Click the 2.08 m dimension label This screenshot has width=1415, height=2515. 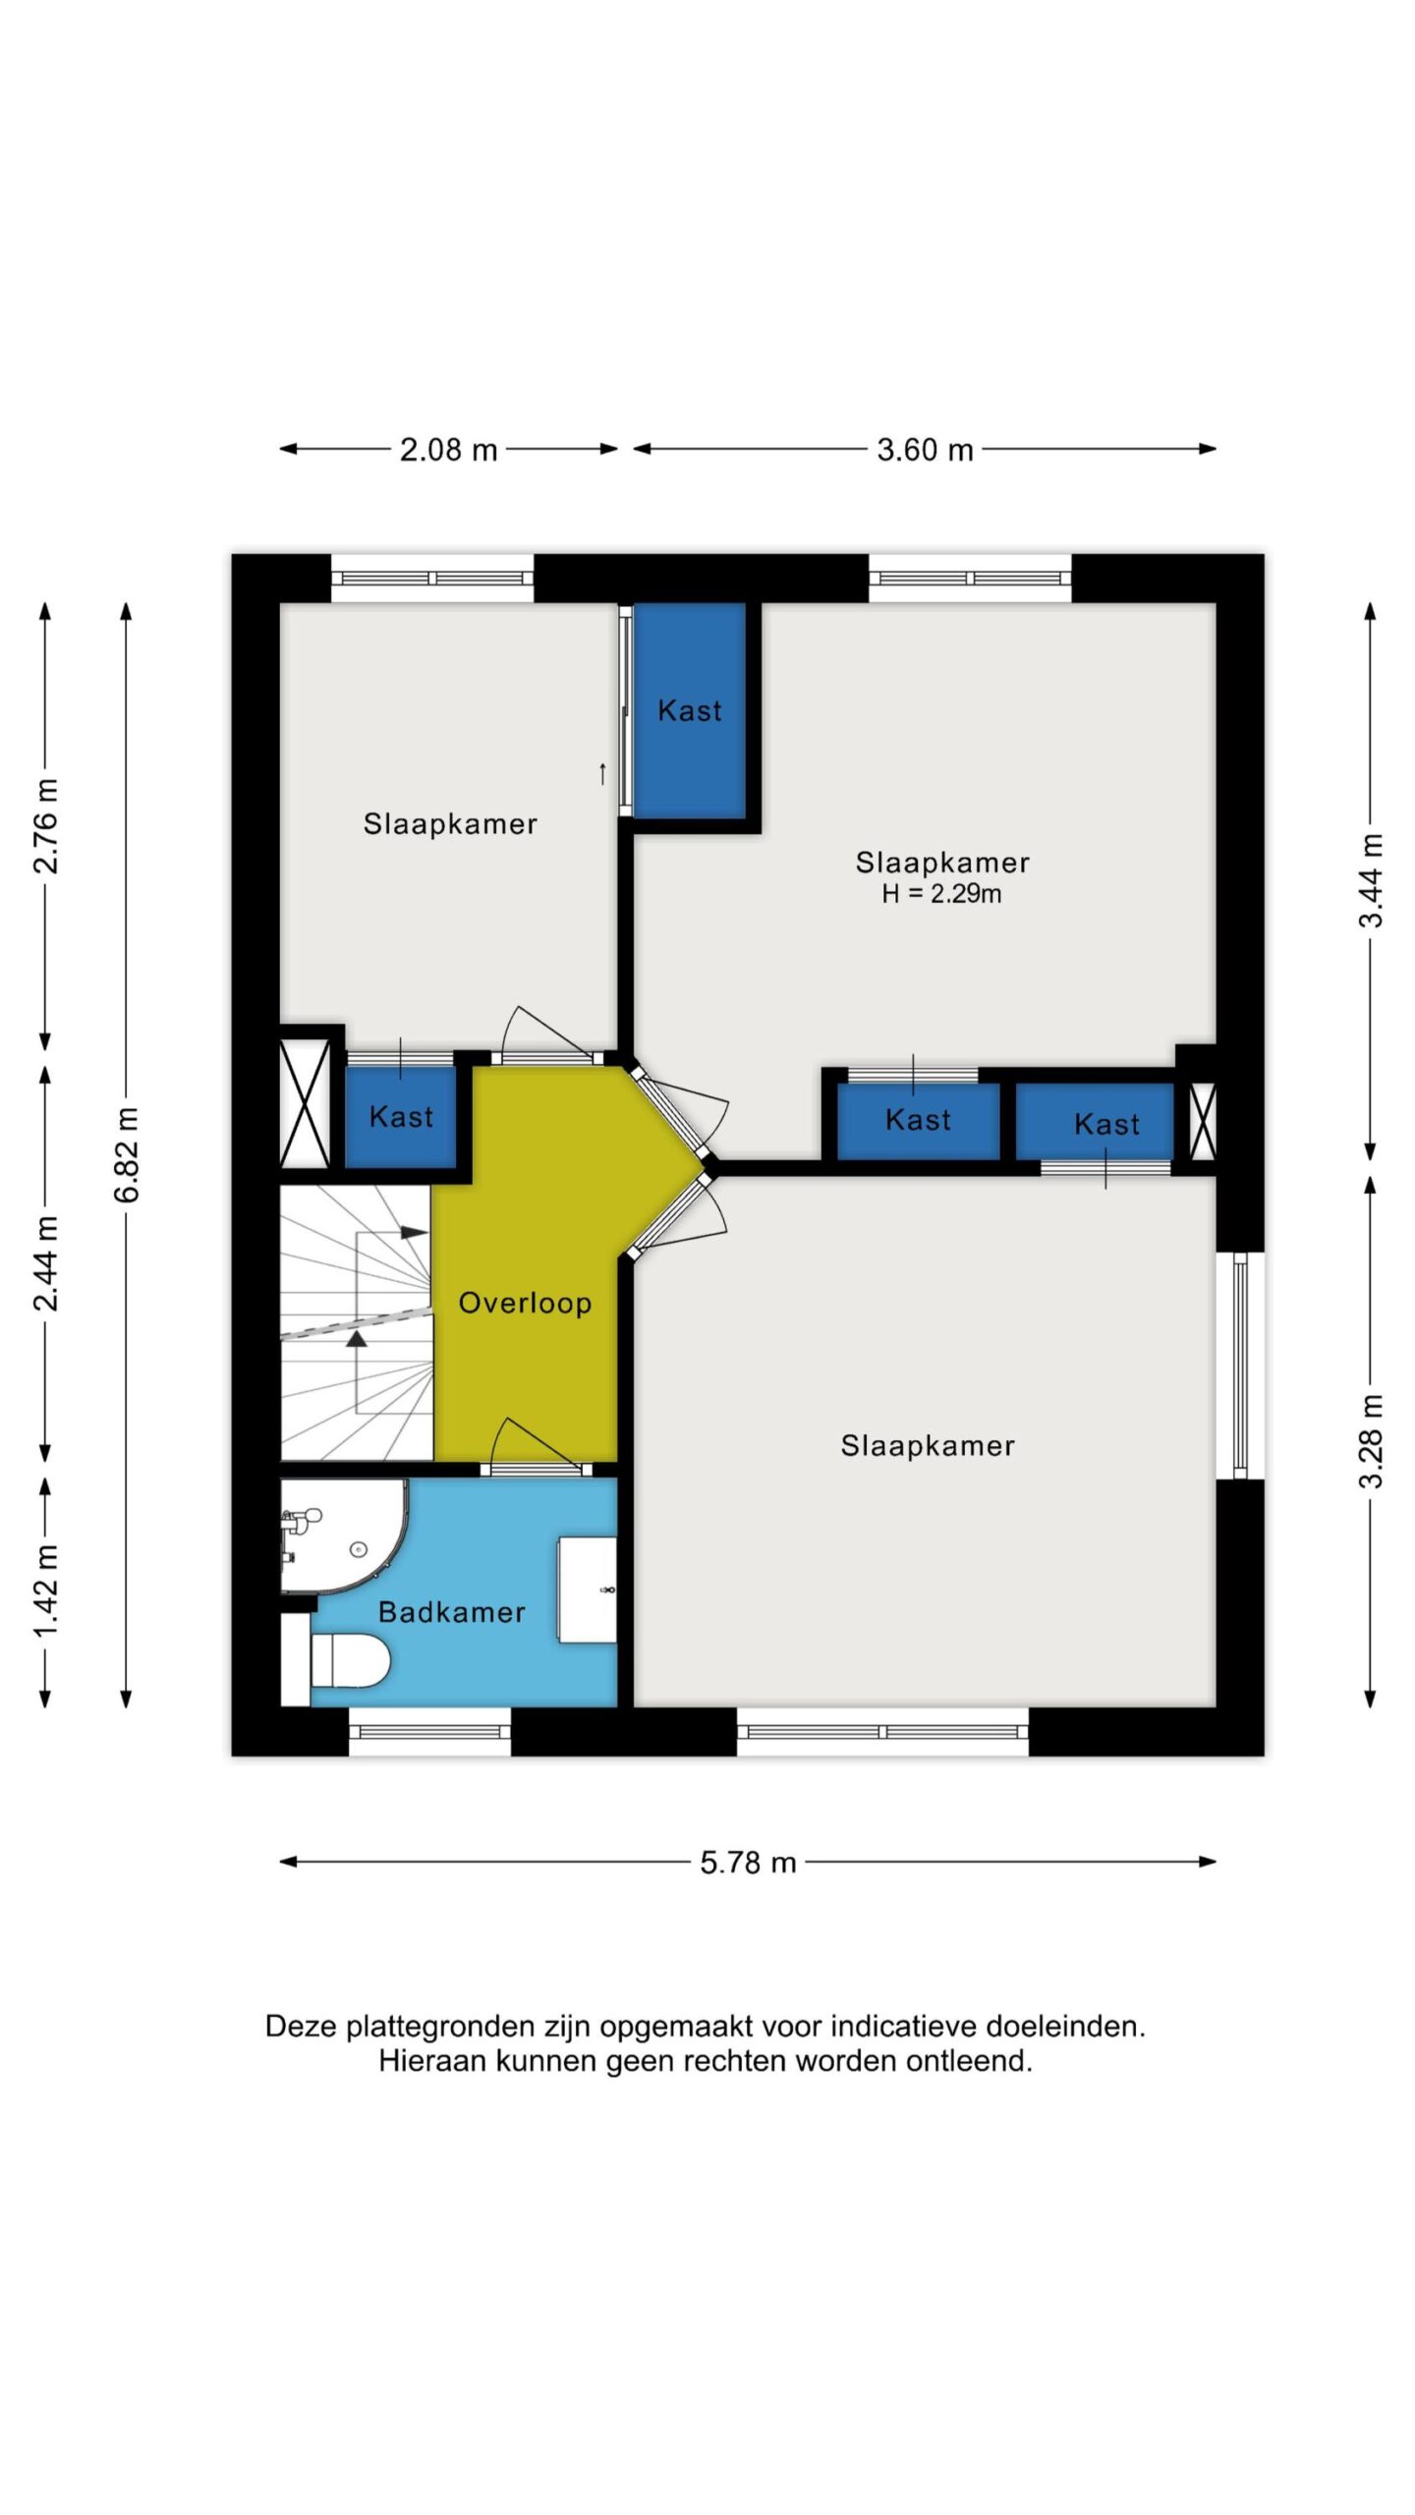pos(448,450)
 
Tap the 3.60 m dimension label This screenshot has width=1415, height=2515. pos(925,450)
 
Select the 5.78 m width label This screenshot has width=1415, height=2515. pos(748,1863)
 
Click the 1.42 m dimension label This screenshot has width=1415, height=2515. pos(46,1592)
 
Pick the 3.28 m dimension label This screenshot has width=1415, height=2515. pos(1372,1441)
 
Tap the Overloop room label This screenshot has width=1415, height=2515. pos(526,1303)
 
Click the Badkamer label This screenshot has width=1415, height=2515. pos(452,1612)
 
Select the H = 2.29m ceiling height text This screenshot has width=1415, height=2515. pos(941,893)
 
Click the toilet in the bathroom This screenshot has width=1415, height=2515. pos(350,1660)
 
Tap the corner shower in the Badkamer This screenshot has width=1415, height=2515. pos(343,1536)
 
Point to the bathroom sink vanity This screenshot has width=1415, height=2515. pos(588,1590)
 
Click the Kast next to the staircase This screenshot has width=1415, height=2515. pos(401,1117)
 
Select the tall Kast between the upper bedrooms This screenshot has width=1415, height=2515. pos(690,710)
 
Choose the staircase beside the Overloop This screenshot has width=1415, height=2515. pos(357,1323)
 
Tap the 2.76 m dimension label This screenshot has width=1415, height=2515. pos(46,826)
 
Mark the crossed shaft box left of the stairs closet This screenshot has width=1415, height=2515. pos(305,1103)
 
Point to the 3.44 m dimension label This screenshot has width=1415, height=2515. pos(1372,880)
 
